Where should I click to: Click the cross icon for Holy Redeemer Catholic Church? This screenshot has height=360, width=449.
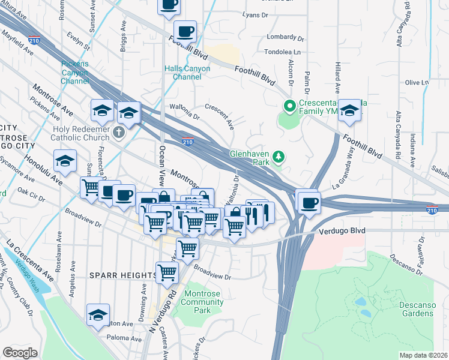[119, 132]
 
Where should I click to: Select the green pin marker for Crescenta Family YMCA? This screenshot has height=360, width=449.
[289, 107]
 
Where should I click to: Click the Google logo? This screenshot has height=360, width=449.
[20, 352]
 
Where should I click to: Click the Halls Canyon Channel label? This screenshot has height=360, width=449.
[187, 73]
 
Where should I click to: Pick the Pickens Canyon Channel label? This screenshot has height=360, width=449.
[74, 73]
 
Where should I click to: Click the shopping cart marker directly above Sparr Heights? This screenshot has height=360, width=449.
[167, 272]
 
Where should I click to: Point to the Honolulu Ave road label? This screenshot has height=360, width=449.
[43, 170]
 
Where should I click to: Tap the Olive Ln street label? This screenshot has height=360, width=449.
[416, 82]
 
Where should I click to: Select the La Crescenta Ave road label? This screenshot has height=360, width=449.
[30, 260]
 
